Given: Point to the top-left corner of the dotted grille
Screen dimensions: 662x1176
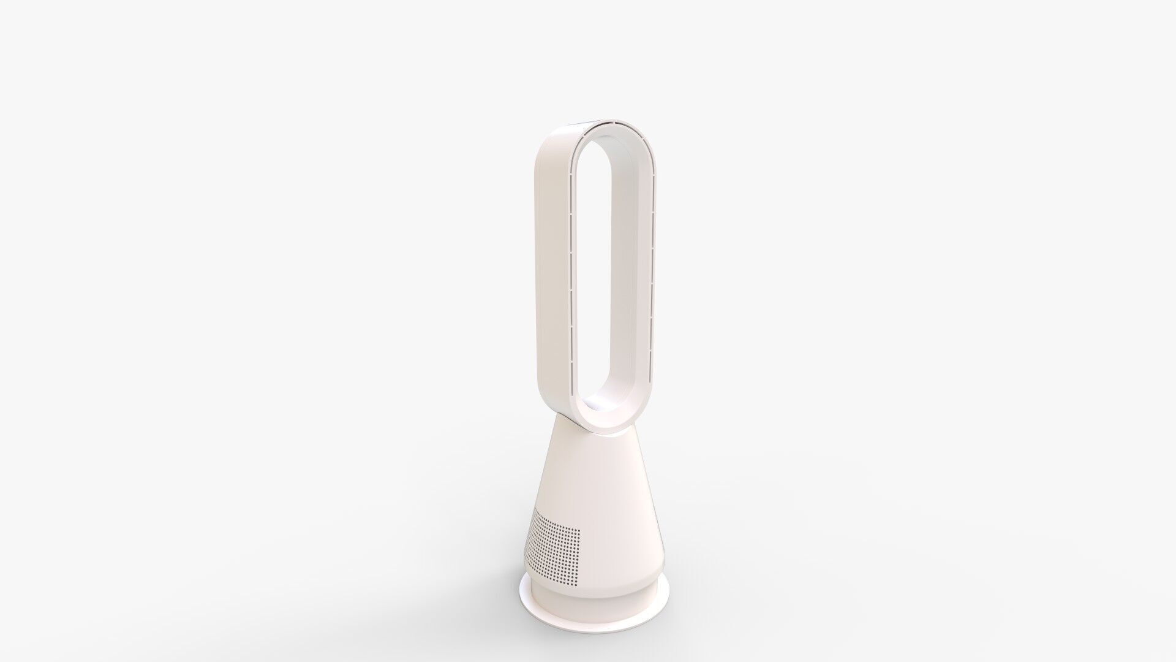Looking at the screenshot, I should tap(535, 511).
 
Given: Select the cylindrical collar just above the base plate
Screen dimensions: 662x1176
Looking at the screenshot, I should tap(588, 604).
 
